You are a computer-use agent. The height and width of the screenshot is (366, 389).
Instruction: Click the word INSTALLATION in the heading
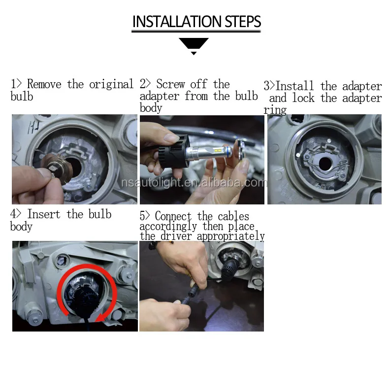pos(177,22)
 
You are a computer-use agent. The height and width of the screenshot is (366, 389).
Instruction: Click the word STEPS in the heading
pos(243,22)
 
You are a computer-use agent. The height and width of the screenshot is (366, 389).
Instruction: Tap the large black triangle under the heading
pos(194,43)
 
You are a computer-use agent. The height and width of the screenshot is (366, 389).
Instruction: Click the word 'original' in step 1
pos(111,84)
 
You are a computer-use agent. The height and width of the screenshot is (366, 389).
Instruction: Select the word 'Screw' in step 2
pos(171,84)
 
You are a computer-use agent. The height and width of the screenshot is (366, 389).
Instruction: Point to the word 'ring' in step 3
pos(275,110)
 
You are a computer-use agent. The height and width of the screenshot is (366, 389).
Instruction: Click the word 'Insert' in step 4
pos(44,214)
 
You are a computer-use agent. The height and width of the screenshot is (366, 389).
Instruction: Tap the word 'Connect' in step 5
pos(173,216)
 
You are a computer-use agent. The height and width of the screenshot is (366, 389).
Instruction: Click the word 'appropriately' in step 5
pos(231,236)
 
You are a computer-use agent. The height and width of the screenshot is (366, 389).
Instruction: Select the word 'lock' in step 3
pos(303,98)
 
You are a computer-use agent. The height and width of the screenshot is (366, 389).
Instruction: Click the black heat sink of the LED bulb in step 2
pos(174,151)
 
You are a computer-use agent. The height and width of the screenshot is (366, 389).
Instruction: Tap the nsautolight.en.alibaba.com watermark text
pos(194,183)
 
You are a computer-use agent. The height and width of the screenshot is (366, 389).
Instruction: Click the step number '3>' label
pos(269,86)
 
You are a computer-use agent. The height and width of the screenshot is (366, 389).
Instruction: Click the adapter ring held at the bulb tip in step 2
pos(239,149)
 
